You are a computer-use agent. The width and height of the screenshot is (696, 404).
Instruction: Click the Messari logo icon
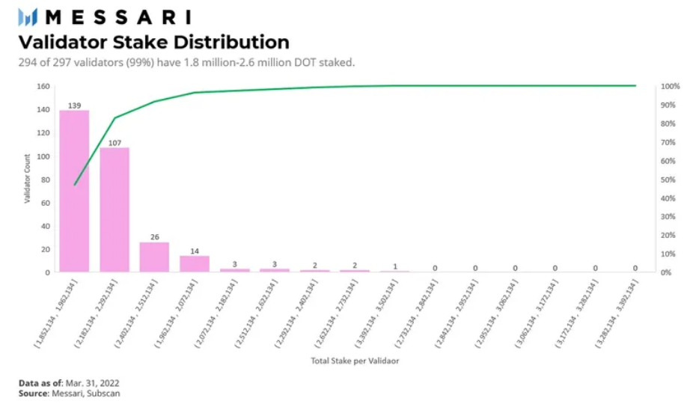28,16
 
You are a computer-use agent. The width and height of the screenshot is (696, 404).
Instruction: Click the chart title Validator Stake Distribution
153,42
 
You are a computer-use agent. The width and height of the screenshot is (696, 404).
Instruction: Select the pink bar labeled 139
74,191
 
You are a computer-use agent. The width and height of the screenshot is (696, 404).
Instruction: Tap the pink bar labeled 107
115,209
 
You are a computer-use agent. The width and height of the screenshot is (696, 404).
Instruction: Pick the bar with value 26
154,257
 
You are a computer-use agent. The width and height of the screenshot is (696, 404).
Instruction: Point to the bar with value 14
195,263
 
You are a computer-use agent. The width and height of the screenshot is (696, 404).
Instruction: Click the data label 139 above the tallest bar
74,105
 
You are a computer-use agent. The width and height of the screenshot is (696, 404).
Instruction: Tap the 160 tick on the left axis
44,87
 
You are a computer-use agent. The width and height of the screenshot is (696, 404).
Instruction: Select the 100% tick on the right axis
670,87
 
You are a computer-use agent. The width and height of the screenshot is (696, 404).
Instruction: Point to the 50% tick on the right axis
668,180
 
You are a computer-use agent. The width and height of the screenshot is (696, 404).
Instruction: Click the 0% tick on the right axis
666,272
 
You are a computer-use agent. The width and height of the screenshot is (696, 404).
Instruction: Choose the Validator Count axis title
27,179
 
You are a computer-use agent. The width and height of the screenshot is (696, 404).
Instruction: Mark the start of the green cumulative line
74,184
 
